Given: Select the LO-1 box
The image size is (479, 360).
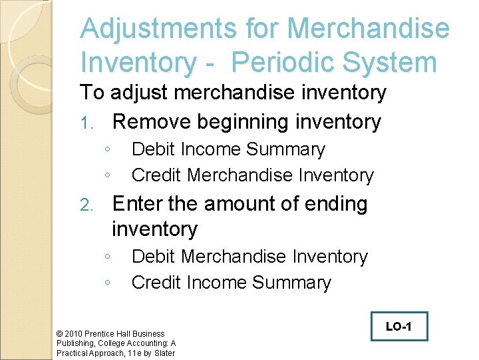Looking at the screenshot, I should [x=399, y=327].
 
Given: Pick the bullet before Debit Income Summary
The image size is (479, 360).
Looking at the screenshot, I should [x=107, y=149].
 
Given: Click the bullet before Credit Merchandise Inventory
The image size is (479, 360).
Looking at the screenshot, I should [x=107, y=175].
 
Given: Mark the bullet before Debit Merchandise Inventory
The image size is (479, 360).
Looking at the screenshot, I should [x=107, y=257].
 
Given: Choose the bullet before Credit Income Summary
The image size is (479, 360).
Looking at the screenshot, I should [x=107, y=283].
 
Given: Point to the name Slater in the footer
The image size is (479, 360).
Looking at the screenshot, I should [x=163, y=353].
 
